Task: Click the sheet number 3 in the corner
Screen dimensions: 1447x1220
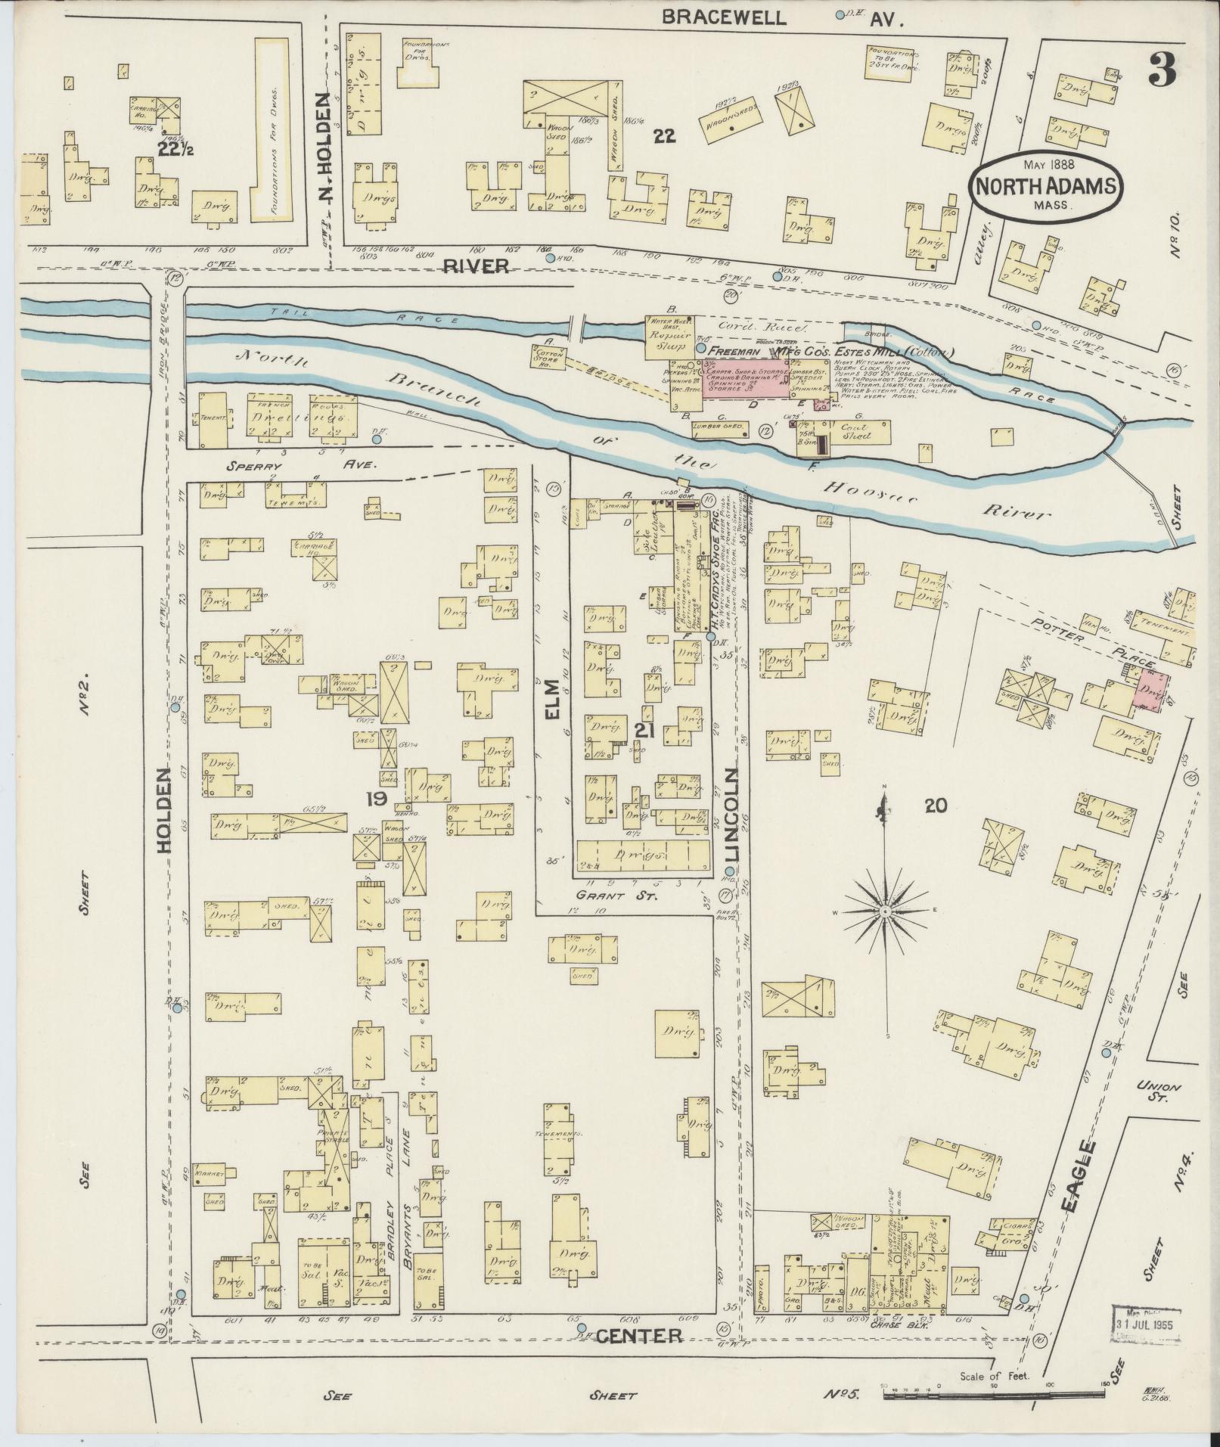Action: coord(1161,70)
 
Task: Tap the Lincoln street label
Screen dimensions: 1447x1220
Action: coord(731,816)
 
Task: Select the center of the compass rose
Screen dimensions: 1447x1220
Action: coord(883,912)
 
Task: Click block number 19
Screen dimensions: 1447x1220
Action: coord(375,799)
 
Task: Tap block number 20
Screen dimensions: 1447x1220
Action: coord(936,806)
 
